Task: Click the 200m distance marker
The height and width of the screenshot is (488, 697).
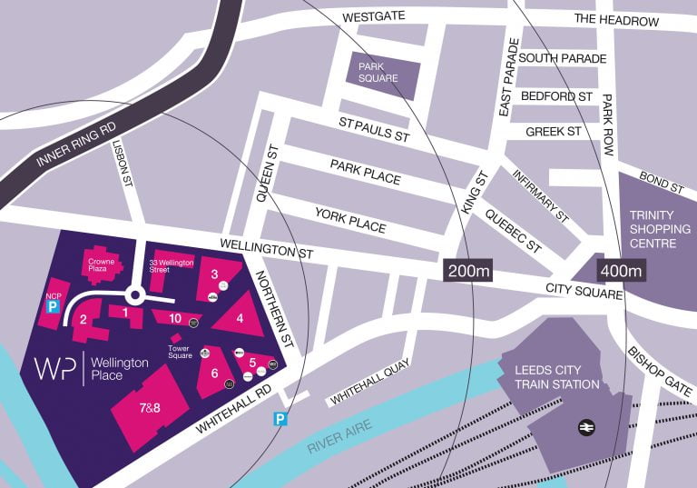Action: coord(467,271)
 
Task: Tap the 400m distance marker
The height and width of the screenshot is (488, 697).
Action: coord(621,271)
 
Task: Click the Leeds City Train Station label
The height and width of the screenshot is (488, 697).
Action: coord(557,377)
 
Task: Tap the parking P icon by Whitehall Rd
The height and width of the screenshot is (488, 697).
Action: coord(281,419)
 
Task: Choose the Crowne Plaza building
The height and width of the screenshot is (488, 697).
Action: coord(100,264)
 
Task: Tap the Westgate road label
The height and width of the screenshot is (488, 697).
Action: coord(372,17)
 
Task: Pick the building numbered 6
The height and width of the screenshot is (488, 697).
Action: coord(214,372)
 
